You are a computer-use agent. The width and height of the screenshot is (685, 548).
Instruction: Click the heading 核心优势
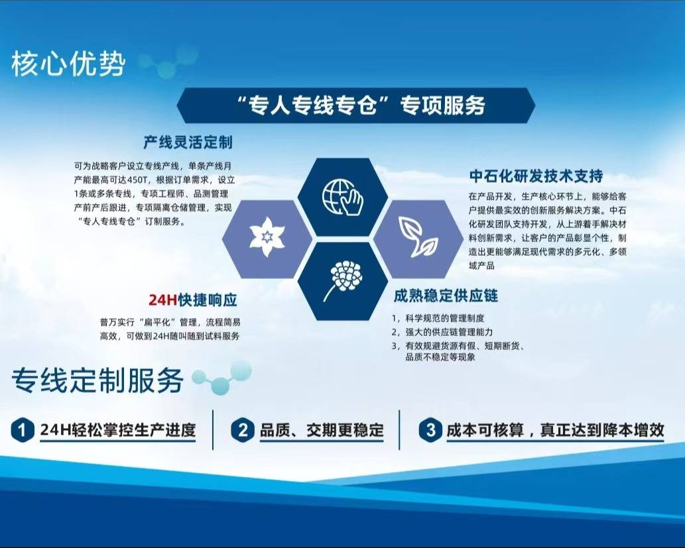click(68, 64)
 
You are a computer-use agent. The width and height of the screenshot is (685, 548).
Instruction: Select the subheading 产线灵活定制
click(188, 142)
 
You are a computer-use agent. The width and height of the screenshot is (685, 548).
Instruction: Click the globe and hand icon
click(343, 197)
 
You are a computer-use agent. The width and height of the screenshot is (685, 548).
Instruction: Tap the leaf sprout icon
click(418, 237)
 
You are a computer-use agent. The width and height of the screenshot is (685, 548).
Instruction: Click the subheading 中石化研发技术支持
click(536, 176)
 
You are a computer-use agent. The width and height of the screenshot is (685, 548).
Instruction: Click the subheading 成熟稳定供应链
click(446, 296)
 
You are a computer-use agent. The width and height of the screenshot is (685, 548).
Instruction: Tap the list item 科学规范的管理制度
click(445, 318)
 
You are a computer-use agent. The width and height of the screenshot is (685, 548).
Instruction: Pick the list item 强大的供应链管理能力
click(449, 332)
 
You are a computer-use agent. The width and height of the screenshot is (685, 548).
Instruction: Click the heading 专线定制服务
click(97, 380)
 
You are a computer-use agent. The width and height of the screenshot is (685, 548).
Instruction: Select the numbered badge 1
click(23, 430)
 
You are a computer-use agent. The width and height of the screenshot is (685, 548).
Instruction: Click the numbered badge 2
click(243, 430)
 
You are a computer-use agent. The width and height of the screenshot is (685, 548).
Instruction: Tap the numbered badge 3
click(430, 430)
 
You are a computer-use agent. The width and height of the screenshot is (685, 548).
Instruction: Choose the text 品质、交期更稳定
click(322, 430)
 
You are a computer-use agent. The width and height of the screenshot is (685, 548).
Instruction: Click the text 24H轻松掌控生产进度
click(117, 430)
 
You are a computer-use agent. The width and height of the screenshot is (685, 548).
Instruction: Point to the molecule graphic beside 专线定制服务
click(222, 378)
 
